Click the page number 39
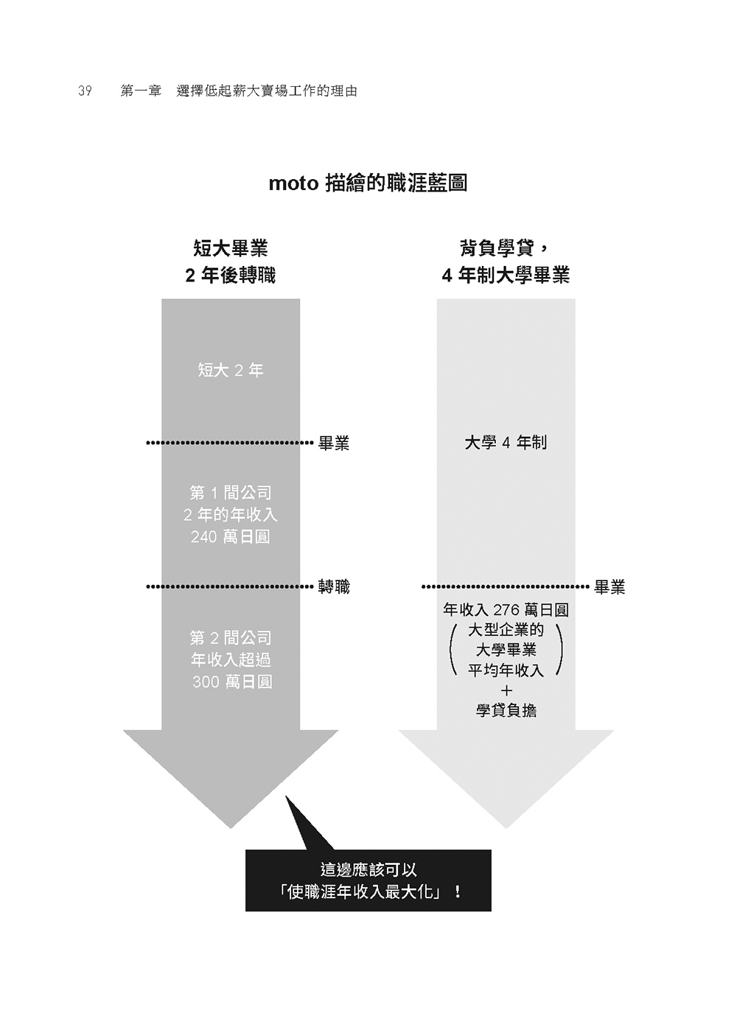[85, 91]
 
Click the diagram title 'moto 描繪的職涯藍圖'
[368, 183]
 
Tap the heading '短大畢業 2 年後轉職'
[230, 262]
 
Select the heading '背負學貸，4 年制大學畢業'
[506, 262]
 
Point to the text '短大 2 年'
[230, 370]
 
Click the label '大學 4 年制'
[506, 443]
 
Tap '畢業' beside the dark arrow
[334, 443]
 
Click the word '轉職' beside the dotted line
[334, 587]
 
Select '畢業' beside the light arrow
[609, 587]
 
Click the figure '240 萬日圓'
[230, 537]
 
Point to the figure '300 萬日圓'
[232, 682]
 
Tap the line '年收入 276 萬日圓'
[506, 609]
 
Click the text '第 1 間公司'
[230, 492]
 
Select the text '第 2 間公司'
[230, 637]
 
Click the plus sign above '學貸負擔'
[506, 690]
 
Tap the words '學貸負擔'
[506, 711]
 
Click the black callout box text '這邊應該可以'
[368, 869]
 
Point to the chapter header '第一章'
[141, 91]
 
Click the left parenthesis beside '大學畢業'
[453, 650]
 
